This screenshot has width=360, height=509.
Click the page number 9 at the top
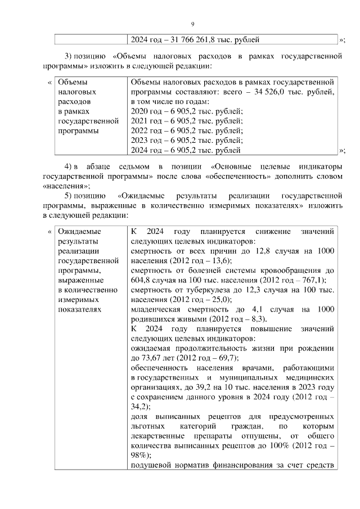[192, 24]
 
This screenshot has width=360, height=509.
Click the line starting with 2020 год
[186, 111]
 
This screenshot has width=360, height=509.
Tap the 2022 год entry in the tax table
[186, 130]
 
